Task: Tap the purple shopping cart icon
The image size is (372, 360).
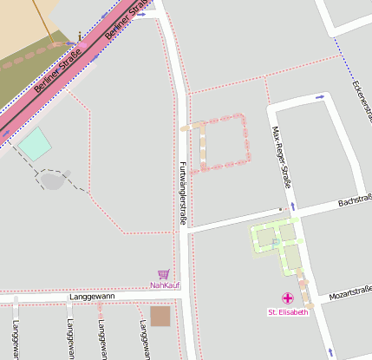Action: tap(163, 274)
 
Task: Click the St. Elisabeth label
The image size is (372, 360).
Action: tap(287, 312)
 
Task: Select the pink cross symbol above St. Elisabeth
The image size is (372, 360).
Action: tap(288, 299)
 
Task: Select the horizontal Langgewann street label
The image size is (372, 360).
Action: tap(91, 297)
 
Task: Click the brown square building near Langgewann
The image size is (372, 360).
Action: tap(160, 317)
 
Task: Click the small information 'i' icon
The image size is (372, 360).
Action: tap(80, 36)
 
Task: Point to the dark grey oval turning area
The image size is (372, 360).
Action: tap(52, 180)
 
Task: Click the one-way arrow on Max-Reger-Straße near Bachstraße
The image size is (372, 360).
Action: tap(293, 206)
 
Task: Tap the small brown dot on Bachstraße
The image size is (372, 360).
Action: tap(280, 210)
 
